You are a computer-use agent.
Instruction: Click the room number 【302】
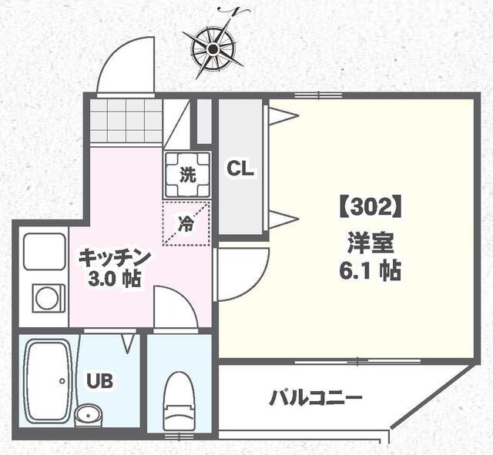tap(367, 207)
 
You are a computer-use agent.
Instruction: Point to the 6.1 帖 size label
tap(368, 271)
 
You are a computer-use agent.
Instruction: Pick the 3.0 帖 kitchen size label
tap(114, 279)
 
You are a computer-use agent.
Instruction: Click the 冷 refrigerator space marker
tap(186, 223)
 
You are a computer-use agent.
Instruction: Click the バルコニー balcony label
tap(315, 399)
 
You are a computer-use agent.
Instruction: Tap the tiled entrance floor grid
tap(125, 122)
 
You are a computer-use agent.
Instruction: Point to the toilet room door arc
tap(176, 308)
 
